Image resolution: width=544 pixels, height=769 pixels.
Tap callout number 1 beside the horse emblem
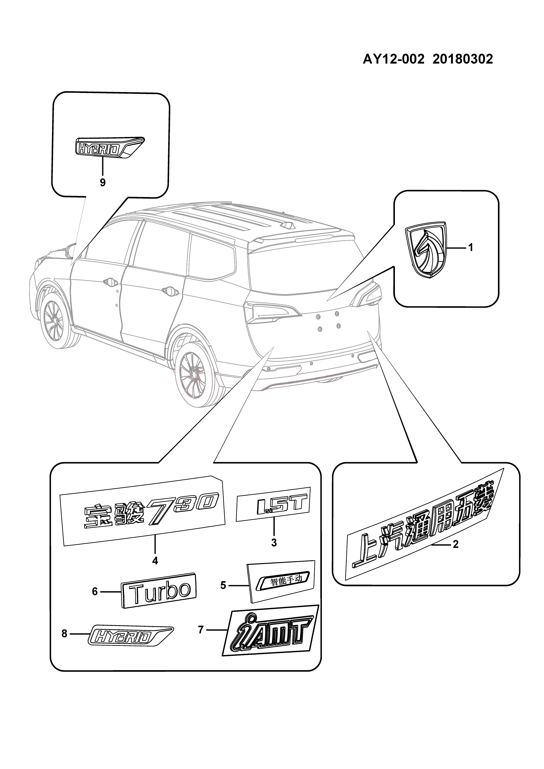470,248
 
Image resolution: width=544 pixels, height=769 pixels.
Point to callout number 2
455,545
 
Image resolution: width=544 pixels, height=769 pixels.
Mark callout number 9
103,183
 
